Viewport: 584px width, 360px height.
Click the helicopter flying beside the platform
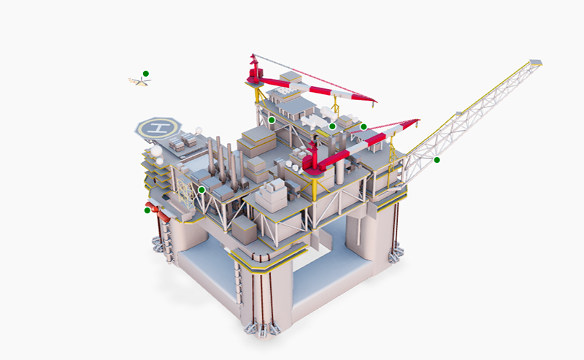pyautogui.click(x=139, y=81)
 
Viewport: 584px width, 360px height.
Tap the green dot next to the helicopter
pyautogui.click(x=145, y=74)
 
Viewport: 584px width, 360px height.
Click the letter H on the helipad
pyautogui.click(x=158, y=128)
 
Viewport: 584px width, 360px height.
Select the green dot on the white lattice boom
pyautogui.click(x=437, y=160)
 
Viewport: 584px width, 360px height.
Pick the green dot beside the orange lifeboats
pyautogui.click(x=147, y=210)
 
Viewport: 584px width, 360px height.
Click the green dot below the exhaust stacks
pyautogui.click(x=202, y=190)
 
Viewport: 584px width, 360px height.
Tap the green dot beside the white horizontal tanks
pyautogui.click(x=332, y=126)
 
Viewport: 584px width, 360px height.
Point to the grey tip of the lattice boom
pyautogui.click(x=536, y=62)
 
